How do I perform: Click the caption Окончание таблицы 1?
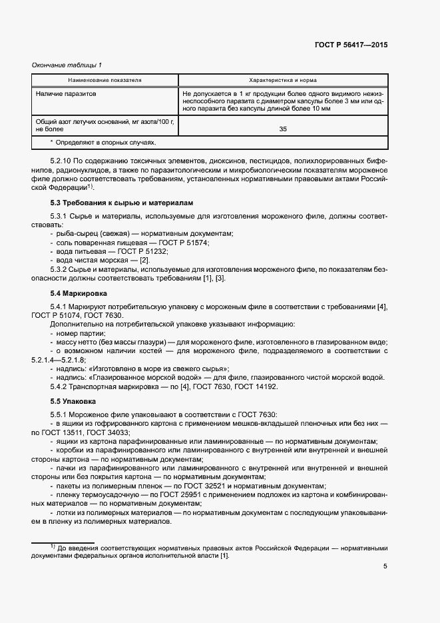click(x=67, y=65)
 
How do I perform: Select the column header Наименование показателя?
click(x=105, y=80)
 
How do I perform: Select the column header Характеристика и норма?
click(x=282, y=80)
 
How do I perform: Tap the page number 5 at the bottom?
click(x=385, y=566)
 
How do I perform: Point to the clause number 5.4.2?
click(x=60, y=386)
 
